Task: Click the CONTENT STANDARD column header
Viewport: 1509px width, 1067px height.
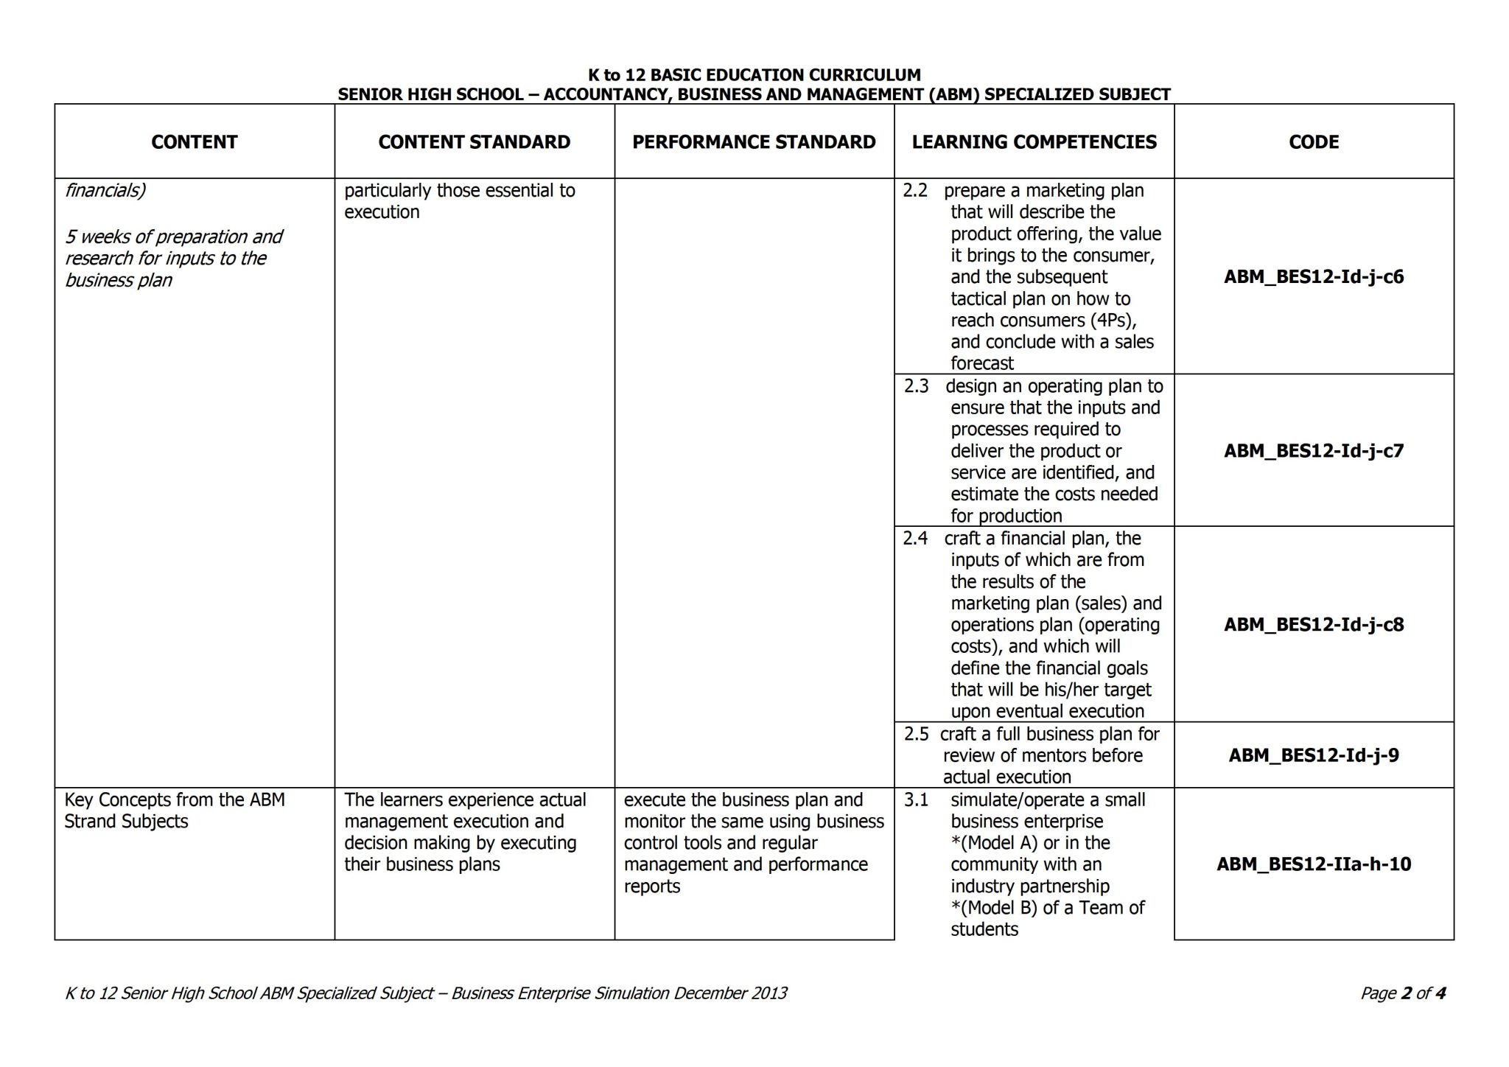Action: point(474,141)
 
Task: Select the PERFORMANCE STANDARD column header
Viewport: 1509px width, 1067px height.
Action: point(754,141)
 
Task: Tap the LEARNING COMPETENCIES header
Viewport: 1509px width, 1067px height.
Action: point(1034,141)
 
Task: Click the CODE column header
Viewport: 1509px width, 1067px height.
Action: point(1314,141)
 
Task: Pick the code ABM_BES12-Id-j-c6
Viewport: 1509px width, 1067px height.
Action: point(1314,277)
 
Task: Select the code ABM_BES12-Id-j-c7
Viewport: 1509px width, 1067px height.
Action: point(1314,450)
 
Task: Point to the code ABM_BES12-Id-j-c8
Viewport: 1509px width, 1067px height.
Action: point(1314,624)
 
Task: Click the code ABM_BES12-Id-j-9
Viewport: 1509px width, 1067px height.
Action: point(1314,755)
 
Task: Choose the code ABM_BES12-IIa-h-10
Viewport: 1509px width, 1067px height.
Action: point(1314,864)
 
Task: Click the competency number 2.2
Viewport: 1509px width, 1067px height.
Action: point(915,190)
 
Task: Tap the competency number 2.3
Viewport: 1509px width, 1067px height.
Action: point(916,386)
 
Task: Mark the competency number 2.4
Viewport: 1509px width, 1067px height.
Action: point(915,538)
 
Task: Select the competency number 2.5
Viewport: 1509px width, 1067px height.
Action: point(916,734)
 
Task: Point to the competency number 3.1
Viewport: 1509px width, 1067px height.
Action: point(916,800)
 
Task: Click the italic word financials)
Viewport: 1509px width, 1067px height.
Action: point(105,190)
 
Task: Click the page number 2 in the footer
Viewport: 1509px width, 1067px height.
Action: point(1406,993)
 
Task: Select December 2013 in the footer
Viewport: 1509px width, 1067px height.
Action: point(730,993)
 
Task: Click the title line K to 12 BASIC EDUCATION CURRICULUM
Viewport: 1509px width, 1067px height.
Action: point(754,74)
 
